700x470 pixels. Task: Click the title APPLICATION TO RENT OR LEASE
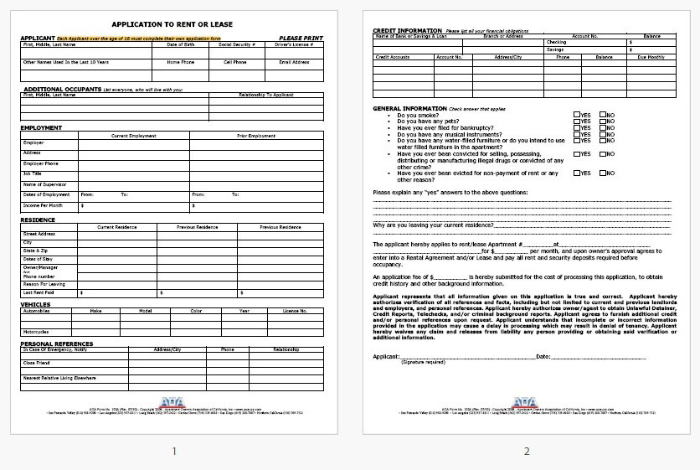[x=172, y=24]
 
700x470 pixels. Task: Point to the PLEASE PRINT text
[x=300, y=39]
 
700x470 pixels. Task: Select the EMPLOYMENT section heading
[x=42, y=127]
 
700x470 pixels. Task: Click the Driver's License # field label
[x=293, y=44]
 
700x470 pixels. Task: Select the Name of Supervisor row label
[x=44, y=184]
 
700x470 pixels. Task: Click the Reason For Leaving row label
[x=44, y=284]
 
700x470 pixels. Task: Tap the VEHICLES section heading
[x=36, y=304]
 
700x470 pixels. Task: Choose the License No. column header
[x=295, y=310]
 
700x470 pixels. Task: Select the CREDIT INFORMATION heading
[x=408, y=30]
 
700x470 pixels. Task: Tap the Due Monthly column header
[x=651, y=57]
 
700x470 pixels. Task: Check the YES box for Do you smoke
[x=577, y=115]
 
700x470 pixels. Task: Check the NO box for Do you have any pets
[x=603, y=121]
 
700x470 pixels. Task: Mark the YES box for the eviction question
[x=577, y=173]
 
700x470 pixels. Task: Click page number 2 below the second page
[x=527, y=452]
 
